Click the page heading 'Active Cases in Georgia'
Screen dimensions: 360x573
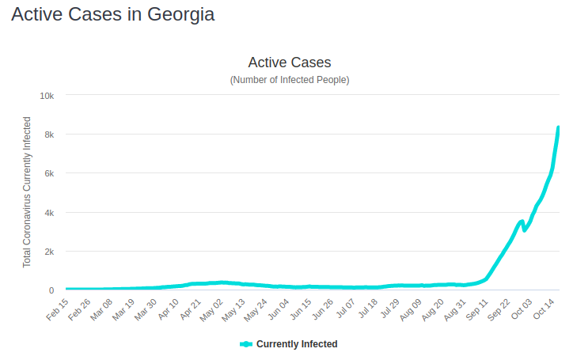click(112, 15)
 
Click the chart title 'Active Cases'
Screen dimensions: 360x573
click(290, 62)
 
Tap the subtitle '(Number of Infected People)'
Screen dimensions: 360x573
click(290, 80)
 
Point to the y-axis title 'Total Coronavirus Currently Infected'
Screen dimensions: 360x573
click(27, 192)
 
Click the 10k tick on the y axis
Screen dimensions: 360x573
click(47, 96)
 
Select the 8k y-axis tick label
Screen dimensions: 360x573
click(48, 135)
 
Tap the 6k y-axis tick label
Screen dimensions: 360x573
click(48, 173)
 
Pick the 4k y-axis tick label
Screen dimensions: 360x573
click(48, 213)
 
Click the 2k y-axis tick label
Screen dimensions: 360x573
click(48, 252)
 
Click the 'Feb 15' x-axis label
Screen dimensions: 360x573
click(58, 308)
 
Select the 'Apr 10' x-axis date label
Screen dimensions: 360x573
click(169, 308)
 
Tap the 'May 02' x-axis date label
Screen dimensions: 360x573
click(213, 308)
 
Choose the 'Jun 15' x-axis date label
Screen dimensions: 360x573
click(302, 308)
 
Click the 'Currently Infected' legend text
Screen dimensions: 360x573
click(297, 344)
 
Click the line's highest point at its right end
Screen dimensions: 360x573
click(558, 127)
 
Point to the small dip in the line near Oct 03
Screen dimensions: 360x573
click(525, 229)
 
